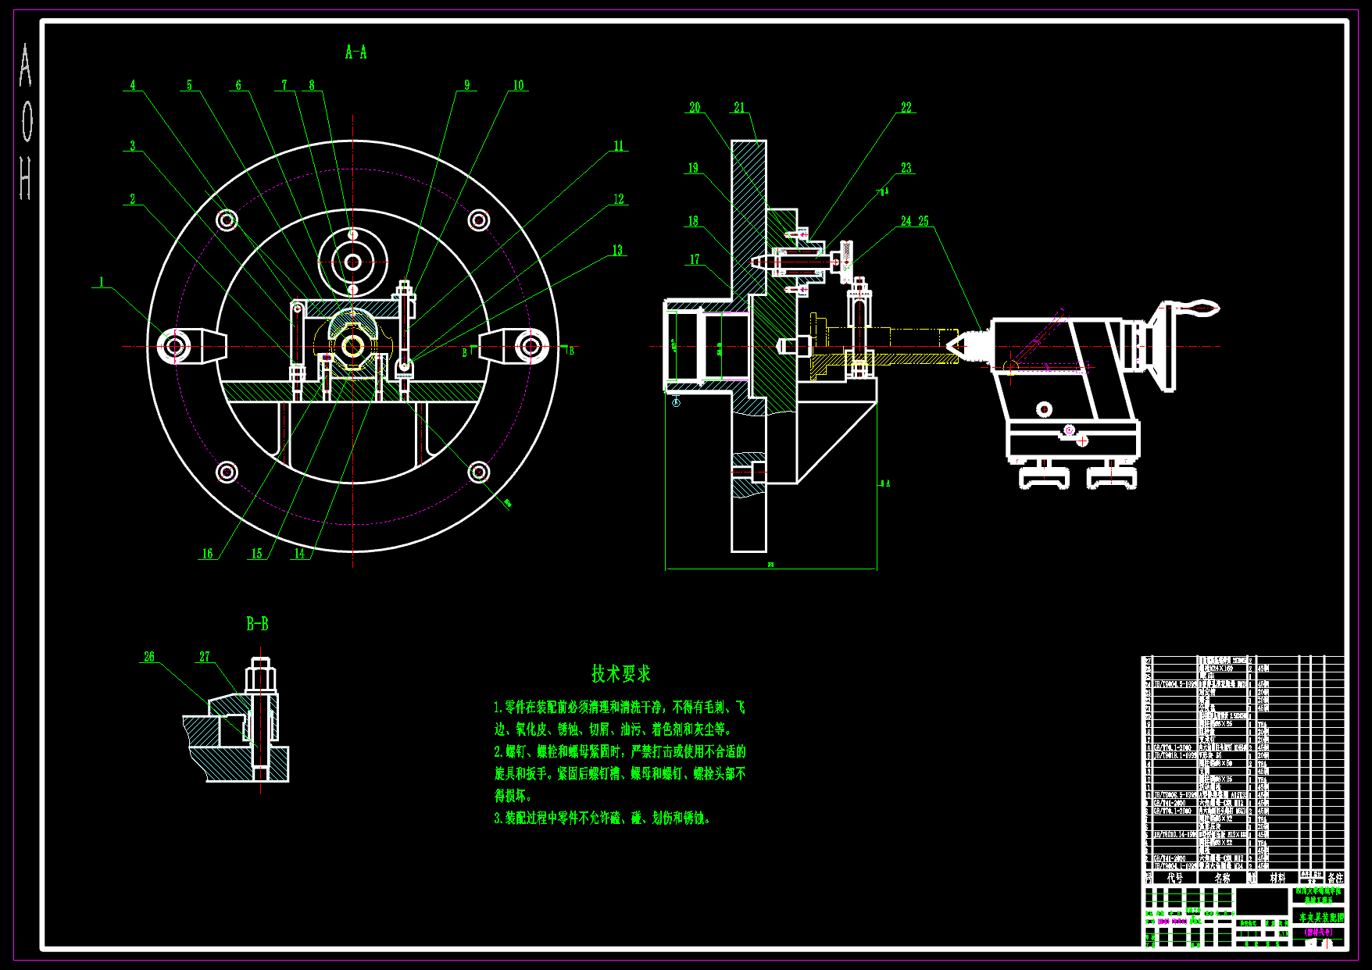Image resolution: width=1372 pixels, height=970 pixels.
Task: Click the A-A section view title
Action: point(356,52)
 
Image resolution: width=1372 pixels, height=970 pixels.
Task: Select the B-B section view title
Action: point(257,624)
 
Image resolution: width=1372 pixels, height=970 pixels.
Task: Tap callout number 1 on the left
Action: point(102,282)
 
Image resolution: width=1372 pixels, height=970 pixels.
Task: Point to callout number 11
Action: point(619,146)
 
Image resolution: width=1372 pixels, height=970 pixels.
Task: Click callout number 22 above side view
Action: point(906,108)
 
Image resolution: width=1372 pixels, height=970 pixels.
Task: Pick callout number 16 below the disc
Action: point(207,554)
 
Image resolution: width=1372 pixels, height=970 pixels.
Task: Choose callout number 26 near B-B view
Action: point(149,657)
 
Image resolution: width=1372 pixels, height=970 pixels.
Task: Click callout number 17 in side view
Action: point(695,259)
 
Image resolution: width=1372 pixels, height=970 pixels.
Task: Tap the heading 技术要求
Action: point(620,673)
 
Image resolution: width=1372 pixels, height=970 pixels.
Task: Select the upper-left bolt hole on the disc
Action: point(227,220)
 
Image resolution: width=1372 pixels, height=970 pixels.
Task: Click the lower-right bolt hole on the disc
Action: point(479,472)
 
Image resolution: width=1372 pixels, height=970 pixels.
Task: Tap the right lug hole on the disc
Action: point(531,345)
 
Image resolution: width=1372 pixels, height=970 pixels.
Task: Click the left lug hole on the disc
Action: point(173,345)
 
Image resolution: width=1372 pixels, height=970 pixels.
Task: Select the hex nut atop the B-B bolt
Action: point(260,677)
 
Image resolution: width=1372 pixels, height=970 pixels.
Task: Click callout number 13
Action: point(617,251)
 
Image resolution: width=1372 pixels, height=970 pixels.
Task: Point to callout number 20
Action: point(695,108)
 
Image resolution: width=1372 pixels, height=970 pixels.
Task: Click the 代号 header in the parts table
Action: point(1174,878)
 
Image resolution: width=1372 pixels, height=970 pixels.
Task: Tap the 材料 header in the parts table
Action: point(1277,878)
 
